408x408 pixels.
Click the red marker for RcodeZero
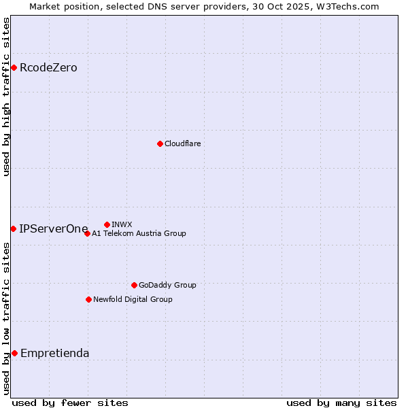coord(14,67)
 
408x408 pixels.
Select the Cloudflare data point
coord(160,143)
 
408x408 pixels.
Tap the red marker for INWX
coord(107,224)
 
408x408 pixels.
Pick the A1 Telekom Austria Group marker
coord(87,233)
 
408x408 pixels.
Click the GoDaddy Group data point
coord(134,285)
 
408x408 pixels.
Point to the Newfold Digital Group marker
coord(88,299)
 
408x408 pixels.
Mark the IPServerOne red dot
coord(13,228)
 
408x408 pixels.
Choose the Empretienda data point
coord(14,353)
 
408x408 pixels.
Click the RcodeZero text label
coord(48,67)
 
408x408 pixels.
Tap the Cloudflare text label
coord(182,143)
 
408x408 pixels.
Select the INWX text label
coord(122,224)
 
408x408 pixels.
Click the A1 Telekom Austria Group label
coord(139,233)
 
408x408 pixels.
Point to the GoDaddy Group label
coord(167,285)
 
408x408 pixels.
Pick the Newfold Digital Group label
coord(133,299)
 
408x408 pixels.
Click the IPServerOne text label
coord(54,228)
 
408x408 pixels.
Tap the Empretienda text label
coord(54,353)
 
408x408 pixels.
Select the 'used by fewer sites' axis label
coord(70,403)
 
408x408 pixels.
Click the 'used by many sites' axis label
coord(341,403)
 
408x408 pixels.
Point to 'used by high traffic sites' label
coord(6,97)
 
